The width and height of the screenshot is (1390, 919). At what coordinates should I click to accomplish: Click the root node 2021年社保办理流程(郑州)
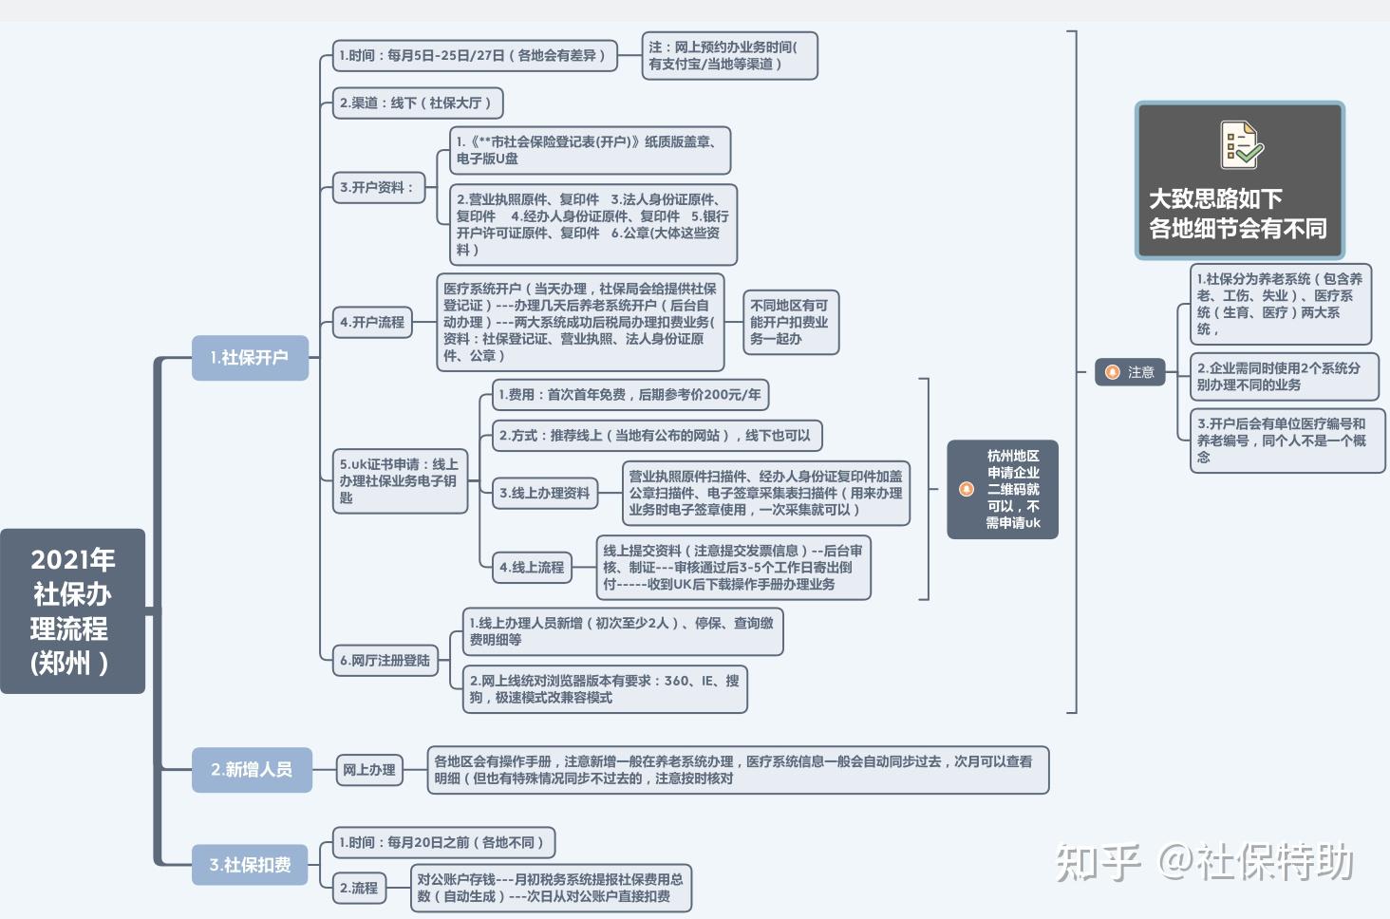(x=72, y=610)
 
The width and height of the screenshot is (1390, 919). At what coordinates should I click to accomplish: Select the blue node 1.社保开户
(x=250, y=357)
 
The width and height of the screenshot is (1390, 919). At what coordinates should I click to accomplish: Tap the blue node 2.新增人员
(x=252, y=769)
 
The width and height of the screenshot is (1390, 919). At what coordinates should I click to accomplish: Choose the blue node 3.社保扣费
(x=250, y=864)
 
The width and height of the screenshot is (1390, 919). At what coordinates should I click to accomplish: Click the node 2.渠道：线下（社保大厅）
(x=418, y=103)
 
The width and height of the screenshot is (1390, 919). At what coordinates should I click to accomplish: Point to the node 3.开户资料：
(x=379, y=187)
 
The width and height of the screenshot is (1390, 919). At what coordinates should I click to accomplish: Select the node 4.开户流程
(x=372, y=322)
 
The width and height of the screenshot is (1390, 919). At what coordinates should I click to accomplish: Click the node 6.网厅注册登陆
(x=385, y=660)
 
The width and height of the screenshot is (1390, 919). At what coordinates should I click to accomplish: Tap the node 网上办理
(x=369, y=770)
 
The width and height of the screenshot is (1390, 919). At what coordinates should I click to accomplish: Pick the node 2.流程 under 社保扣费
(x=359, y=888)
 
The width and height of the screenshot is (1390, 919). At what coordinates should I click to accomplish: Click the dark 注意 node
(x=1130, y=372)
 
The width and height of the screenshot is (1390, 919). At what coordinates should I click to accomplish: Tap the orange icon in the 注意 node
(x=1113, y=372)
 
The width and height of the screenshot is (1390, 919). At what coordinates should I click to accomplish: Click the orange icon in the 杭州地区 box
(x=967, y=489)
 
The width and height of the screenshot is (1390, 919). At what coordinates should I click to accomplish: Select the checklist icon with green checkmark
(x=1241, y=145)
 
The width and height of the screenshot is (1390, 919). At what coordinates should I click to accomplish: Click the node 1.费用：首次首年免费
(x=630, y=395)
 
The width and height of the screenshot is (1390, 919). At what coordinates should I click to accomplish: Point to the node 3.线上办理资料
(x=545, y=494)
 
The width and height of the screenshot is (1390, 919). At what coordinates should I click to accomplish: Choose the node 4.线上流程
(x=532, y=567)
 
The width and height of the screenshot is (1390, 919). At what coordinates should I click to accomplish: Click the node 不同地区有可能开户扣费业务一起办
(x=791, y=322)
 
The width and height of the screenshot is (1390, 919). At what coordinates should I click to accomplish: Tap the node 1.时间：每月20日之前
(x=443, y=843)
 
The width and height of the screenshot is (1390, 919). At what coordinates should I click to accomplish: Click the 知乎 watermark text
(x=1098, y=862)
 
